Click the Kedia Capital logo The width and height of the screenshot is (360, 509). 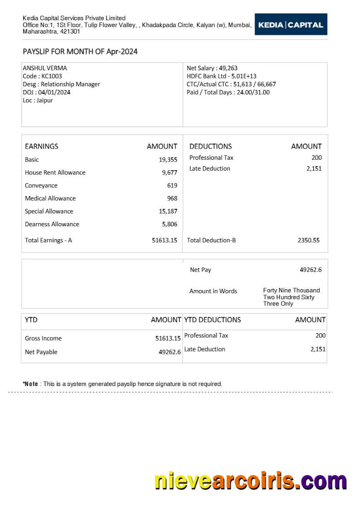tap(291, 25)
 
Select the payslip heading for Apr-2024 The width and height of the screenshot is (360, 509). tap(80, 51)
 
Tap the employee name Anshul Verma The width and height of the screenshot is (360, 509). tap(44, 68)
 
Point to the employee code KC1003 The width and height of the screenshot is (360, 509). tap(42, 76)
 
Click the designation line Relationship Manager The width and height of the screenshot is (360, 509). tap(61, 84)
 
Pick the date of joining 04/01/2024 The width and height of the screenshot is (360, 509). tap(46, 92)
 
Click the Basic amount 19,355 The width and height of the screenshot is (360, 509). tap(168, 160)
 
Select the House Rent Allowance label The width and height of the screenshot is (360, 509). tap(55, 173)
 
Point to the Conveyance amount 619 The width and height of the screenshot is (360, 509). tap(172, 185)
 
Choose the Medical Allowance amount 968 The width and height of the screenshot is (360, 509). tap(172, 198)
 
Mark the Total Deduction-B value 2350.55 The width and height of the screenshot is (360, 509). tap(308, 240)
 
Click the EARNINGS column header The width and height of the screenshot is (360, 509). tap(41, 146)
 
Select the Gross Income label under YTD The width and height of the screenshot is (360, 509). tap(43, 338)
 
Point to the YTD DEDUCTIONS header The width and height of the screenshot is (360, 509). tap(212, 319)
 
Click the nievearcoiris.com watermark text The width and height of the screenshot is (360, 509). tap(250, 481)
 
